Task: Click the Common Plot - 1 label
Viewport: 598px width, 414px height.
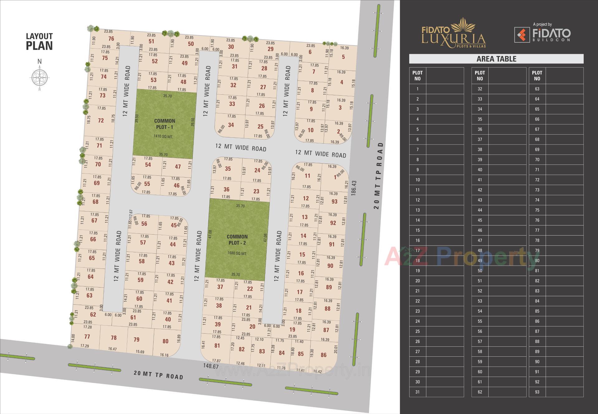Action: pyautogui.click(x=164, y=124)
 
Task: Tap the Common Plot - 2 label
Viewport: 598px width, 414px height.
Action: pyautogui.click(x=237, y=240)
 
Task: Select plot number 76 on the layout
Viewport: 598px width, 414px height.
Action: pyautogui.click(x=111, y=39)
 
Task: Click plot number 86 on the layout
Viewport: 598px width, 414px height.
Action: pyautogui.click(x=324, y=355)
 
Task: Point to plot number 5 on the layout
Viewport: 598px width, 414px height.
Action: pyautogui.click(x=343, y=57)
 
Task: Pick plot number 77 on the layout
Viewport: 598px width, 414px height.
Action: pyautogui.click(x=87, y=337)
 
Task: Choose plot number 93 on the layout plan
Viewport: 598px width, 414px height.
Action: pyautogui.click(x=334, y=202)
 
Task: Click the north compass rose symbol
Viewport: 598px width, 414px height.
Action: pyautogui.click(x=40, y=77)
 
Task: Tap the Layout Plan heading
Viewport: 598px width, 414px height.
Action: pyautogui.click(x=39, y=42)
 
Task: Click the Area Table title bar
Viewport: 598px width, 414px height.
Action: pyautogui.click(x=496, y=59)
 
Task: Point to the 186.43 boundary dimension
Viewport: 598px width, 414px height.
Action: pyautogui.click(x=353, y=188)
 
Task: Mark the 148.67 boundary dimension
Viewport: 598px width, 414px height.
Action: pyautogui.click(x=211, y=366)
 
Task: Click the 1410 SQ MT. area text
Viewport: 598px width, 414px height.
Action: pyautogui.click(x=163, y=136)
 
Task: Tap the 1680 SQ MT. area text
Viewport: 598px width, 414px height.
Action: pyautogui.click(x=237, y=254)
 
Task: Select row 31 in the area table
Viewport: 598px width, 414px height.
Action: pyautogui.click(x=436, y=392)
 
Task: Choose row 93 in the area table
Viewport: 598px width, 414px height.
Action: pyautogui.click(x=556, y=392)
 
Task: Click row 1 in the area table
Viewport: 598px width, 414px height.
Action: pyautogui.click(x=436, y=89)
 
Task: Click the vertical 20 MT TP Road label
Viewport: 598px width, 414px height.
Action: pyautogui.click(x=378, y=176)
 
